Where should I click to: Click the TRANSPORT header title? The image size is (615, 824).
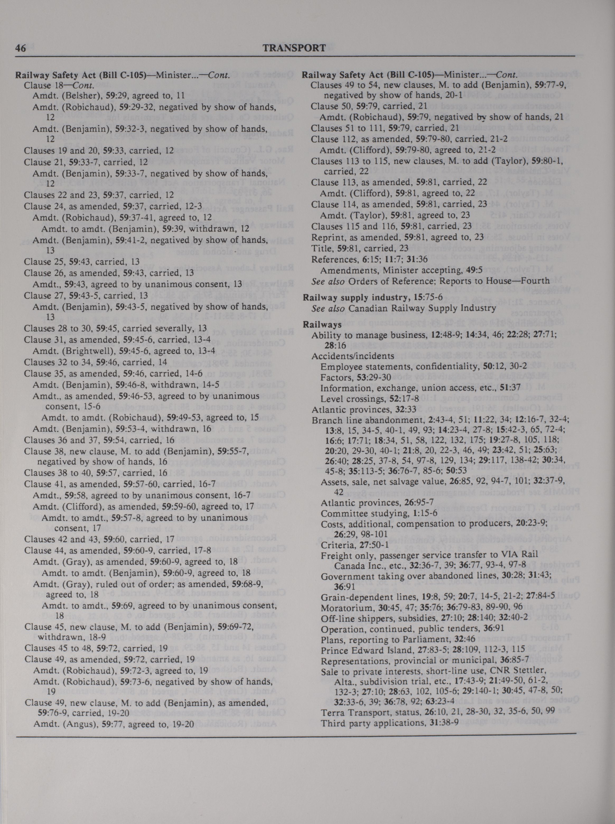pos(294,48)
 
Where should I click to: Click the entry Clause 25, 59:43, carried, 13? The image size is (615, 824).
pos(82,262)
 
